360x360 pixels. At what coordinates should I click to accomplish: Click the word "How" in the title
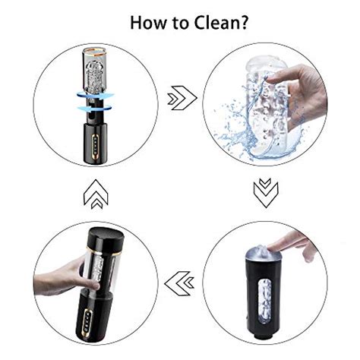click(x=148, y=23)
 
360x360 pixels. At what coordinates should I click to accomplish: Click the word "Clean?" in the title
click(x=221, y=23)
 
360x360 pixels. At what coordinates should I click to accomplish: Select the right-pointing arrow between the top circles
click(x=182, y=98)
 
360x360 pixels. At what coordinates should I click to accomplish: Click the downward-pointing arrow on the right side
click(x=266, y=193)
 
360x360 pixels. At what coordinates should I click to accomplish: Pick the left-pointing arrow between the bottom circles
click(x=179, y=283)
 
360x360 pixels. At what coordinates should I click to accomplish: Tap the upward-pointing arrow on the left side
click(x=96, y=194)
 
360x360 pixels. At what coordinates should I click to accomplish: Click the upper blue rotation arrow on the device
click(x=96, y=96)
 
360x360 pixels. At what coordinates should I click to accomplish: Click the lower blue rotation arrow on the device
click(x=95, y=108)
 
